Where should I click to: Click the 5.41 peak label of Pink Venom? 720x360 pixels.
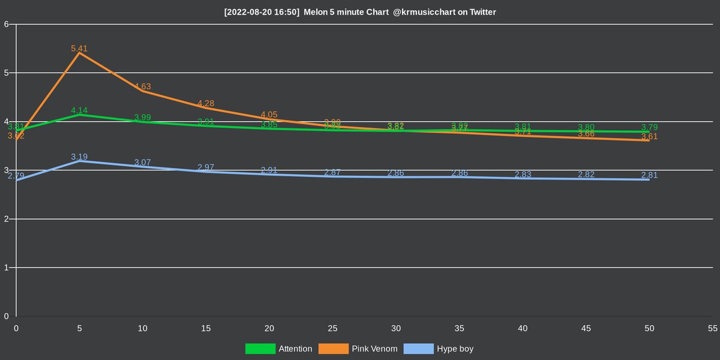click(79, 48)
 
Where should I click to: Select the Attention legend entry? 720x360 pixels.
click(279, 349)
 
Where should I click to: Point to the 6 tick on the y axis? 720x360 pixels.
click(5, 25)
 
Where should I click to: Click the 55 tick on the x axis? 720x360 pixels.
click(712, 328)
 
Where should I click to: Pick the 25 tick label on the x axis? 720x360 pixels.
click(332, 328)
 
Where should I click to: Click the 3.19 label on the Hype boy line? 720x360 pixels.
click(79, 157)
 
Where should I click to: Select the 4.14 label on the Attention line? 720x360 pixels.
click(79, 110)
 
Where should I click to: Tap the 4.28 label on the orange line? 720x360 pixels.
click(206, 103)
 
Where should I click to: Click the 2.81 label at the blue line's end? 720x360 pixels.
click(649, 175)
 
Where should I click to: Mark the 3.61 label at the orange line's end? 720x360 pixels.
click(649, 136)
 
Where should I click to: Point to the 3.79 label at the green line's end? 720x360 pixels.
click(649, 127)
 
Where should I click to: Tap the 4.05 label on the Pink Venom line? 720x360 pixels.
click(269, 115)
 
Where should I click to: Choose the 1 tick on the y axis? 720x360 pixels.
click(5, 268)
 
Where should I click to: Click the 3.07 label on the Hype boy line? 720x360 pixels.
click(143, 163)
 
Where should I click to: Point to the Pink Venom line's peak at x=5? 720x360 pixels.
click(79, 53)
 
